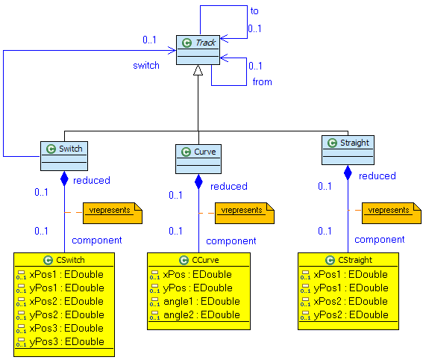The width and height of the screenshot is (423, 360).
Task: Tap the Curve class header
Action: [198, 152]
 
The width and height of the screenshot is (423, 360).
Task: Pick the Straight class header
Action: [347, 142]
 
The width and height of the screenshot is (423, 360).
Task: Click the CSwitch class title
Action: [64, 260]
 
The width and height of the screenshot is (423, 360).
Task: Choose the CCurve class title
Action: [198, 260]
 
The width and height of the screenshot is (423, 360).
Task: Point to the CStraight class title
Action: [348, 260]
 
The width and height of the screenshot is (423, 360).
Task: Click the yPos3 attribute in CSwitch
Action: [64, 341]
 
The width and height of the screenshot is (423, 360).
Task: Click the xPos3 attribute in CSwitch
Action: [64, 328]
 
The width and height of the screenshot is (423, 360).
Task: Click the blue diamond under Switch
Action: [64, 179]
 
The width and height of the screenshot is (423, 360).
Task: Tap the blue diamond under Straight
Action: [348, 173]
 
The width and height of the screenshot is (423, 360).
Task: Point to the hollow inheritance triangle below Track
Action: [198, 71]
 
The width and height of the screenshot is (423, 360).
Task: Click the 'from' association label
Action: [262, 81]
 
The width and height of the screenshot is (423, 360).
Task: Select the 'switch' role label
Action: [146, 65]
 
